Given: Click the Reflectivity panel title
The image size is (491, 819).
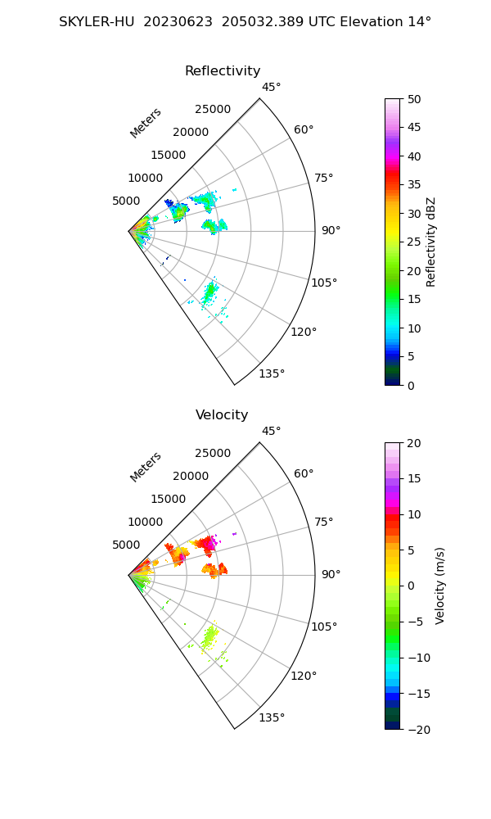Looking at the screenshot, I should coord(223,71).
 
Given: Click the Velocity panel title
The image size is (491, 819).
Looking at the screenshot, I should coord(222,415).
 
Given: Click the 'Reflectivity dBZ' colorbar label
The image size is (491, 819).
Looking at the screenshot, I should coord(431,242).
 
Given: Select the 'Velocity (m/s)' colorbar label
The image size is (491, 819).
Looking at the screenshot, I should coord(439,586).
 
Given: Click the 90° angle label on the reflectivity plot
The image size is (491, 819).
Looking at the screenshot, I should coord(331,231).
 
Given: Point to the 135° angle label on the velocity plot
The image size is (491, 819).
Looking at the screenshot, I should coord(272,717).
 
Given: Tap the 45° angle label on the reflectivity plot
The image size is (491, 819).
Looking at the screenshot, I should coord(272,87).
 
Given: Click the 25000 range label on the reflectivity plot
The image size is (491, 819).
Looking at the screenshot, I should coord(213,110).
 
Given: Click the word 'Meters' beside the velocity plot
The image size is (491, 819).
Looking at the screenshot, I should coord(146,467).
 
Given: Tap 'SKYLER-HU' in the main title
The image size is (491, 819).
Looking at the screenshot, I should coord(97,22).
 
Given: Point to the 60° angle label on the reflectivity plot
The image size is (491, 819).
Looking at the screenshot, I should coord(304,129).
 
